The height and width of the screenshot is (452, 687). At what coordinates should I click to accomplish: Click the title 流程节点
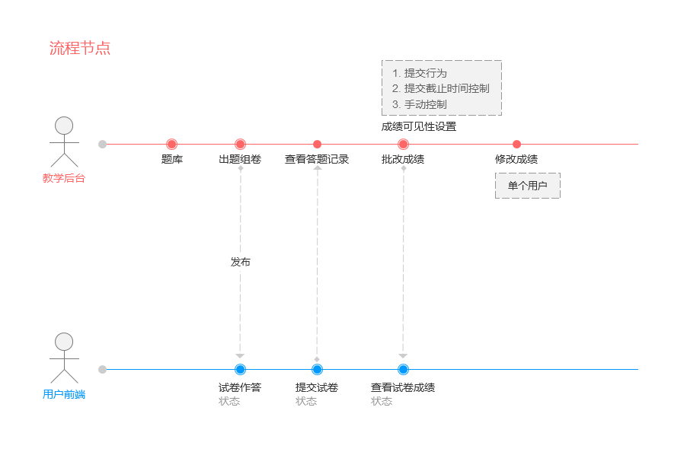click(80, 48)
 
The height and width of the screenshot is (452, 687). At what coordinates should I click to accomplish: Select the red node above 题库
click(172, 144)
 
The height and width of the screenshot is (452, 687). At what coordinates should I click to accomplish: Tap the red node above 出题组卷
click(240, 144)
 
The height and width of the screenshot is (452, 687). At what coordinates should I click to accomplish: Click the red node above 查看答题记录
click(317, 144)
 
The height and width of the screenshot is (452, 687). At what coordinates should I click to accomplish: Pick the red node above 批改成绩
click(403, 144)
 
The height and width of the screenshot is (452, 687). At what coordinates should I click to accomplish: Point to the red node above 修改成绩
click(516, 144)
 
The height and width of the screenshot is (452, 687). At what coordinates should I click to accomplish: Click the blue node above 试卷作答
click(240, 369)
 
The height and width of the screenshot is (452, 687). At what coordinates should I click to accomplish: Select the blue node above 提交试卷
click(317, 369)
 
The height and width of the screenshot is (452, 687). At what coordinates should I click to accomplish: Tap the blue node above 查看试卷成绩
click(403, 369)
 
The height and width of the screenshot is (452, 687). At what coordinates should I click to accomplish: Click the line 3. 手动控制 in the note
click(420, 104)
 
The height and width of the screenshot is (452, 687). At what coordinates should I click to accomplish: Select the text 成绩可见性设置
click(419, 127)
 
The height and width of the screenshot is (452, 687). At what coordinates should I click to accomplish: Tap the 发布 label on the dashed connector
click(240, 262)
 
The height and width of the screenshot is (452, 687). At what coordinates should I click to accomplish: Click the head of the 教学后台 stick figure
click(64, 126)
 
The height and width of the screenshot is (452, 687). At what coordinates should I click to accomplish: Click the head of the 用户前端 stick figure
click(64, 342)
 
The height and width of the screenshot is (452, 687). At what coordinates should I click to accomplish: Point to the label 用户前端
click(64, 394)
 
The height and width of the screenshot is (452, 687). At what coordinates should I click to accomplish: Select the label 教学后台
click(64, 178)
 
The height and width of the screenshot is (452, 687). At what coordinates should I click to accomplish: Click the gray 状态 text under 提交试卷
click(306, 401)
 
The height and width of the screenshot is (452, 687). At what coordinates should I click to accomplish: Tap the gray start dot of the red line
click(103, 144)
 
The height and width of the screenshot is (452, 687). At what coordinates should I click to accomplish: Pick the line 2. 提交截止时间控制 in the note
click(441, 88)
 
